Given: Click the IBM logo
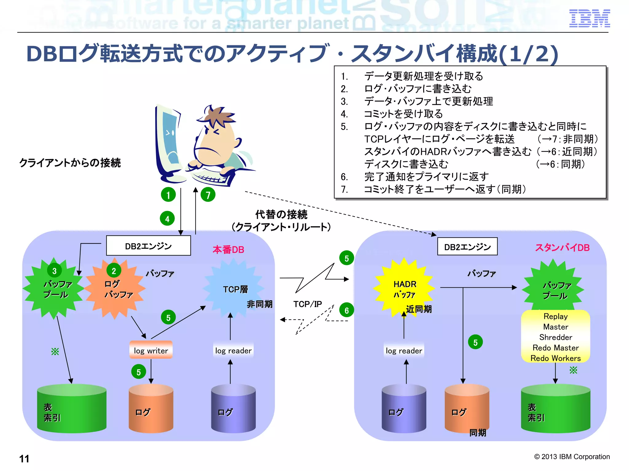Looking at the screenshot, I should click(589, 18).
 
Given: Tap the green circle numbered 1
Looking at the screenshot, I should click(168, 195).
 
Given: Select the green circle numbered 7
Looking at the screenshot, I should click(208, 195).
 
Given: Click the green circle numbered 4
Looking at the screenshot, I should click(167, 219).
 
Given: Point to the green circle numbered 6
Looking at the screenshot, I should click(346, 310).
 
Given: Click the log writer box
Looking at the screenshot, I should click(151, 350).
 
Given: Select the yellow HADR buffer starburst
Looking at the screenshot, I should click(404, 288).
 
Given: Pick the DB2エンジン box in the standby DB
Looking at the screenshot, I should click(467, 247).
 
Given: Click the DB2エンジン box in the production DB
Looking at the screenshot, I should click(148, 246).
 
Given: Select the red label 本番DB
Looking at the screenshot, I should click(228, 250).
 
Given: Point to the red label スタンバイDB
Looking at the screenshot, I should click(562, 247).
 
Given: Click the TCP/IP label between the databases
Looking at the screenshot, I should click(307, 304).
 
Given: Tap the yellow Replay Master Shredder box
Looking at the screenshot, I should click(555, 337).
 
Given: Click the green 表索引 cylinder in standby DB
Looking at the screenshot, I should click(555, 409).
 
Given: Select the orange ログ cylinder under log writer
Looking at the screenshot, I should click(151, 409).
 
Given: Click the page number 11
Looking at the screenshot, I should click(24, 458).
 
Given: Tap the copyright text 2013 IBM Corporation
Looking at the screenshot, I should click(572, 457).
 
